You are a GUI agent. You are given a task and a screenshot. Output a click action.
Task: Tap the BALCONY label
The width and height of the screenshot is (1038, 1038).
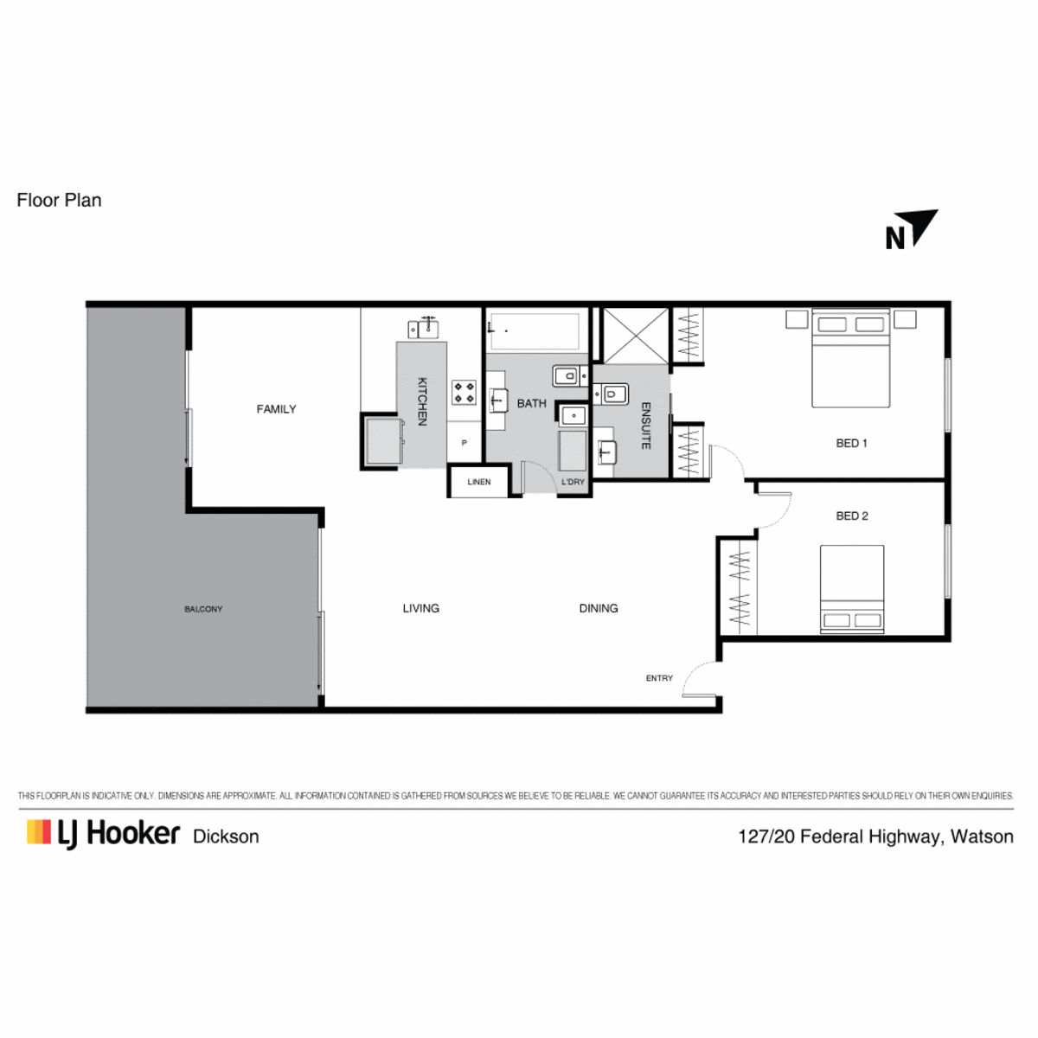pyautogui.click(x=203, y=609)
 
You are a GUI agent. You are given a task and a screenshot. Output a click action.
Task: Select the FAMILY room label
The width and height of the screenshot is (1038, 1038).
pyautogui.click(x=276, y=409)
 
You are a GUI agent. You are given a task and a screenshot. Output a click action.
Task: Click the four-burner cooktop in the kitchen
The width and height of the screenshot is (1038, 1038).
pyautogui.click(x=464, y=392)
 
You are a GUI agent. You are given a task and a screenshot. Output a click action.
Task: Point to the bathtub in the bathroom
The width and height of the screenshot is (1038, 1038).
pyautogui.click(x=534, y=330)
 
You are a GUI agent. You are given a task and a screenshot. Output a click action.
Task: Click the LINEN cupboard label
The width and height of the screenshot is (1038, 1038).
pyautogui.click(x=479, y=482)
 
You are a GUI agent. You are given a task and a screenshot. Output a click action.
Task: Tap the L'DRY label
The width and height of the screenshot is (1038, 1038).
pyautogui.click(x=573, y=482)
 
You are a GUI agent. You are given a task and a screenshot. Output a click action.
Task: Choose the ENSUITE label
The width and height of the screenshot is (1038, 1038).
pyautogui.click(x=646, y=426)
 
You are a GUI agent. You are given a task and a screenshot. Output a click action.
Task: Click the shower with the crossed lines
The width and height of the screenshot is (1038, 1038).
pyautogui.click(x=636, y=336)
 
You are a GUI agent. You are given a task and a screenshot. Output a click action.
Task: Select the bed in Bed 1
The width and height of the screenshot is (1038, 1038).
pyautogui.click(x=850, y=357)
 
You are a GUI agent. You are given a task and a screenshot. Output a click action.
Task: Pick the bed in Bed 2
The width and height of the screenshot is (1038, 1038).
pyautogui.click(x=852, y=589)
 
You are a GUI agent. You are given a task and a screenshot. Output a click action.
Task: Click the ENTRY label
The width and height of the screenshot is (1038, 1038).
pyautogui.click(x=659, y=678)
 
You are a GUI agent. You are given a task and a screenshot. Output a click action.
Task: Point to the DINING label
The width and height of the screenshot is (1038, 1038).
pyautogui.click(x=599, y=608)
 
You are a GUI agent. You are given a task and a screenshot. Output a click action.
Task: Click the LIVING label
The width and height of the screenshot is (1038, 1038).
pyautogui.click(x=420, y=608)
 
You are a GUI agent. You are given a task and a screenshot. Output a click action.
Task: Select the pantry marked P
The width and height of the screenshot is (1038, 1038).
pyautogui.click(x=464, y=442)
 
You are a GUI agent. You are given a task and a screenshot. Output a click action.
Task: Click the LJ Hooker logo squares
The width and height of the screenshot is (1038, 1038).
pyautogui.click(x=39, y=831)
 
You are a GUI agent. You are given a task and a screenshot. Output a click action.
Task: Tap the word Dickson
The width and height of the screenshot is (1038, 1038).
pyautogui.click(x=226, y=836)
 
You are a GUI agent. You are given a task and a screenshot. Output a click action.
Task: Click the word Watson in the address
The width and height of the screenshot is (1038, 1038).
pyautogui.click(x=982, y=836)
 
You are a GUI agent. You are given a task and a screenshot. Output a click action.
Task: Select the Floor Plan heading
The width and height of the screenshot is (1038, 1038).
pyautogui.click(x=60, y=201)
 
